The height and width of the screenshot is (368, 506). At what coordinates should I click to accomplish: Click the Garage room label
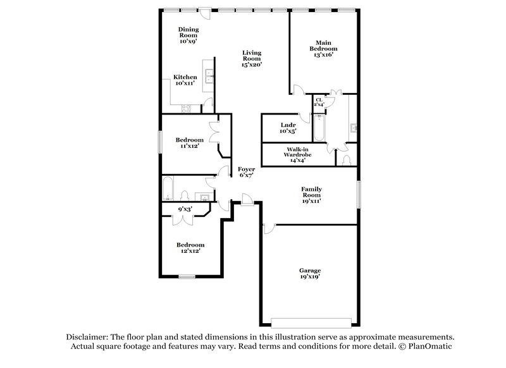point(310,274)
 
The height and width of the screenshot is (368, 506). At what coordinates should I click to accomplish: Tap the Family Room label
point(311,195)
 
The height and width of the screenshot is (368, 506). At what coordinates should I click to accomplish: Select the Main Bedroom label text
point(323,48)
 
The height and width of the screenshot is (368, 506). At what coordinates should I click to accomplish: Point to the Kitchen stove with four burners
point(187,108)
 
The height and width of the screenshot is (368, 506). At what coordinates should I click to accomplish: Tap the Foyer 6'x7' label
point(247,173)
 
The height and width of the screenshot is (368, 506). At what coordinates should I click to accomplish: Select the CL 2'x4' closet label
point(319,102)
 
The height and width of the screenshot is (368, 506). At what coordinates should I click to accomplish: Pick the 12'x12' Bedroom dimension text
point(190,251)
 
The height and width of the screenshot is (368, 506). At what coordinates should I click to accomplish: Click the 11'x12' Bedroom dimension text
point(189,146)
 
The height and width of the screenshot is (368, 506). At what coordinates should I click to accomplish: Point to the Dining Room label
point(188,35)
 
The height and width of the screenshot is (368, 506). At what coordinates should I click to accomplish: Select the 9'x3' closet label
point(184,209)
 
